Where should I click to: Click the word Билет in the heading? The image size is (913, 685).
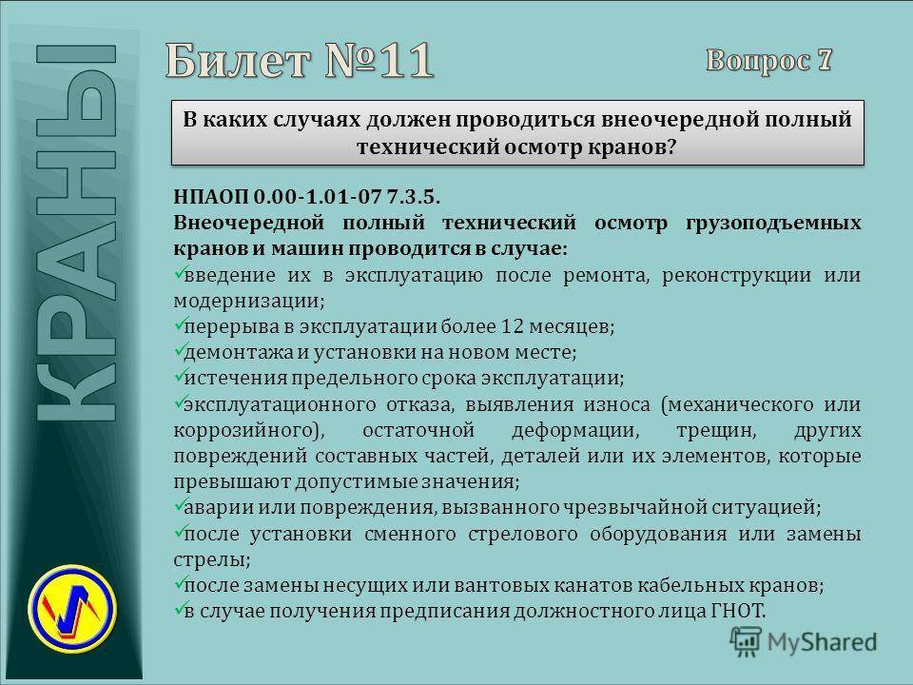(238, 60)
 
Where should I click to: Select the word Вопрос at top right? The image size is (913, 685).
(758, 61)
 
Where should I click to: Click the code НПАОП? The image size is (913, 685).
(211, 196)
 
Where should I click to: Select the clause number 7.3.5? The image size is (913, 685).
(413, 196)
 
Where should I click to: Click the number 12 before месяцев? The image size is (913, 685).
(513, 325)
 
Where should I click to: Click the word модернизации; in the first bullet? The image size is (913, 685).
(249, 301)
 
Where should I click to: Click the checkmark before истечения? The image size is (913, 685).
(179, 376)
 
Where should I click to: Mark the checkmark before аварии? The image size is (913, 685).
(179, 505)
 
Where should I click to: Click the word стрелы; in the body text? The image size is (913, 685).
(212, 559)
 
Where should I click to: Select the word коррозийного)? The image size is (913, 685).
(249, 430)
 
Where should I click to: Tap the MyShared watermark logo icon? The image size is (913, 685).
(746, 641)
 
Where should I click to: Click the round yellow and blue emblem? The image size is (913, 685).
(72, 609)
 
